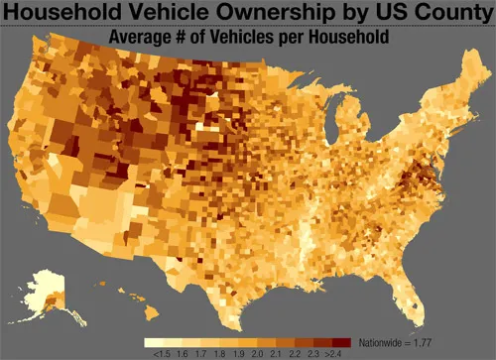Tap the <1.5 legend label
tap(158, 351)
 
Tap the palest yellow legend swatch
tap(158, 339)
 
